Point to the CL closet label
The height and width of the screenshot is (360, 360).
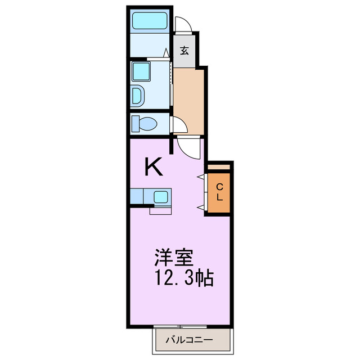[220, 192]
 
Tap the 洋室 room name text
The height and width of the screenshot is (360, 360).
[174, 258]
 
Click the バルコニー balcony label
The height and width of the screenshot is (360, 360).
[188, 339]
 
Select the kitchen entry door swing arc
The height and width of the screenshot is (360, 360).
[188, 147]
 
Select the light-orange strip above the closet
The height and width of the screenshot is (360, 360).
[219, 167]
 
